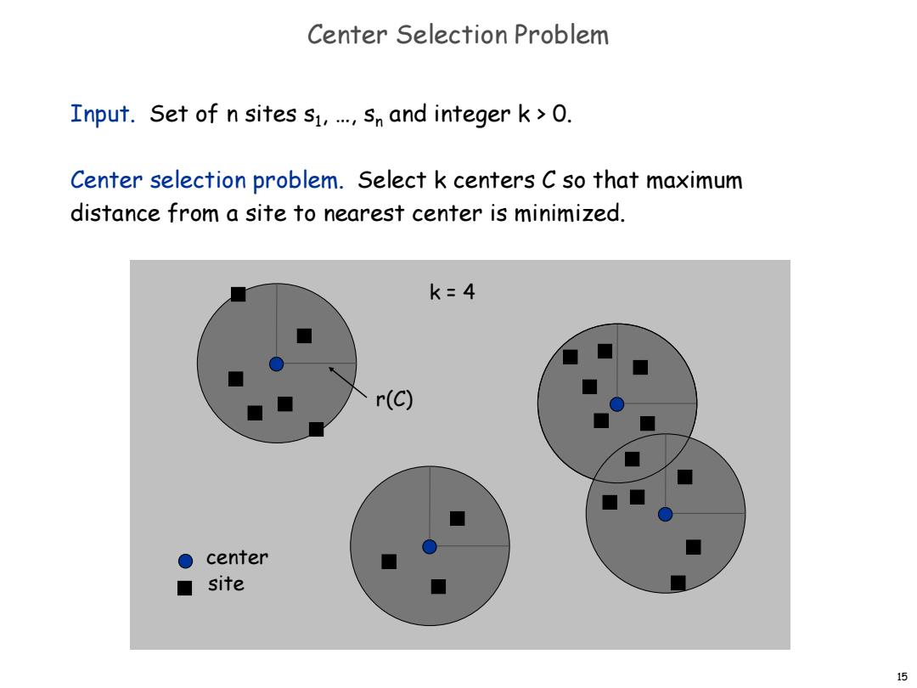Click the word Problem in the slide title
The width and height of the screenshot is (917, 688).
(561, 35)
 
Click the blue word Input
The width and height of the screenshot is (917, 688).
(103, 114)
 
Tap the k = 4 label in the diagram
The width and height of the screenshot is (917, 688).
(452, 291)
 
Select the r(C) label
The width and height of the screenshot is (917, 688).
(394, 399)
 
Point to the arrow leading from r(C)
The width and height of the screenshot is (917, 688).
(348, 382)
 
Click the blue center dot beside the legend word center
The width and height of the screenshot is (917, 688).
(185, 561)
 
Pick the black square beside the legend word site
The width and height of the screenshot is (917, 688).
(185, 588)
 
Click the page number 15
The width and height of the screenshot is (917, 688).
(902, 677)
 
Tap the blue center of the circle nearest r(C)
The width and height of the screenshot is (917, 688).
(276, 364)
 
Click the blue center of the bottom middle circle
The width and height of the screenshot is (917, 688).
(430, 546)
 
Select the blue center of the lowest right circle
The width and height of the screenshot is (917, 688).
(665, 514)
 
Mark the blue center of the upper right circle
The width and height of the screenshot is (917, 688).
(616, 403)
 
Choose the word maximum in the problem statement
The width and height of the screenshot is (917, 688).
(695, 180)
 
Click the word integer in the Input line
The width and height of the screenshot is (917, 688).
(472, 114)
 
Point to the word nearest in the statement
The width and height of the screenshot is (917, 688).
(363, 213)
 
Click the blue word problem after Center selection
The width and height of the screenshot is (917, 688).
(298, 181)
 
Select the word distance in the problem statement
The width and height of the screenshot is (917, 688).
(115, 213)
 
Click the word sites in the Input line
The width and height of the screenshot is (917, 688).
(271, 114)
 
